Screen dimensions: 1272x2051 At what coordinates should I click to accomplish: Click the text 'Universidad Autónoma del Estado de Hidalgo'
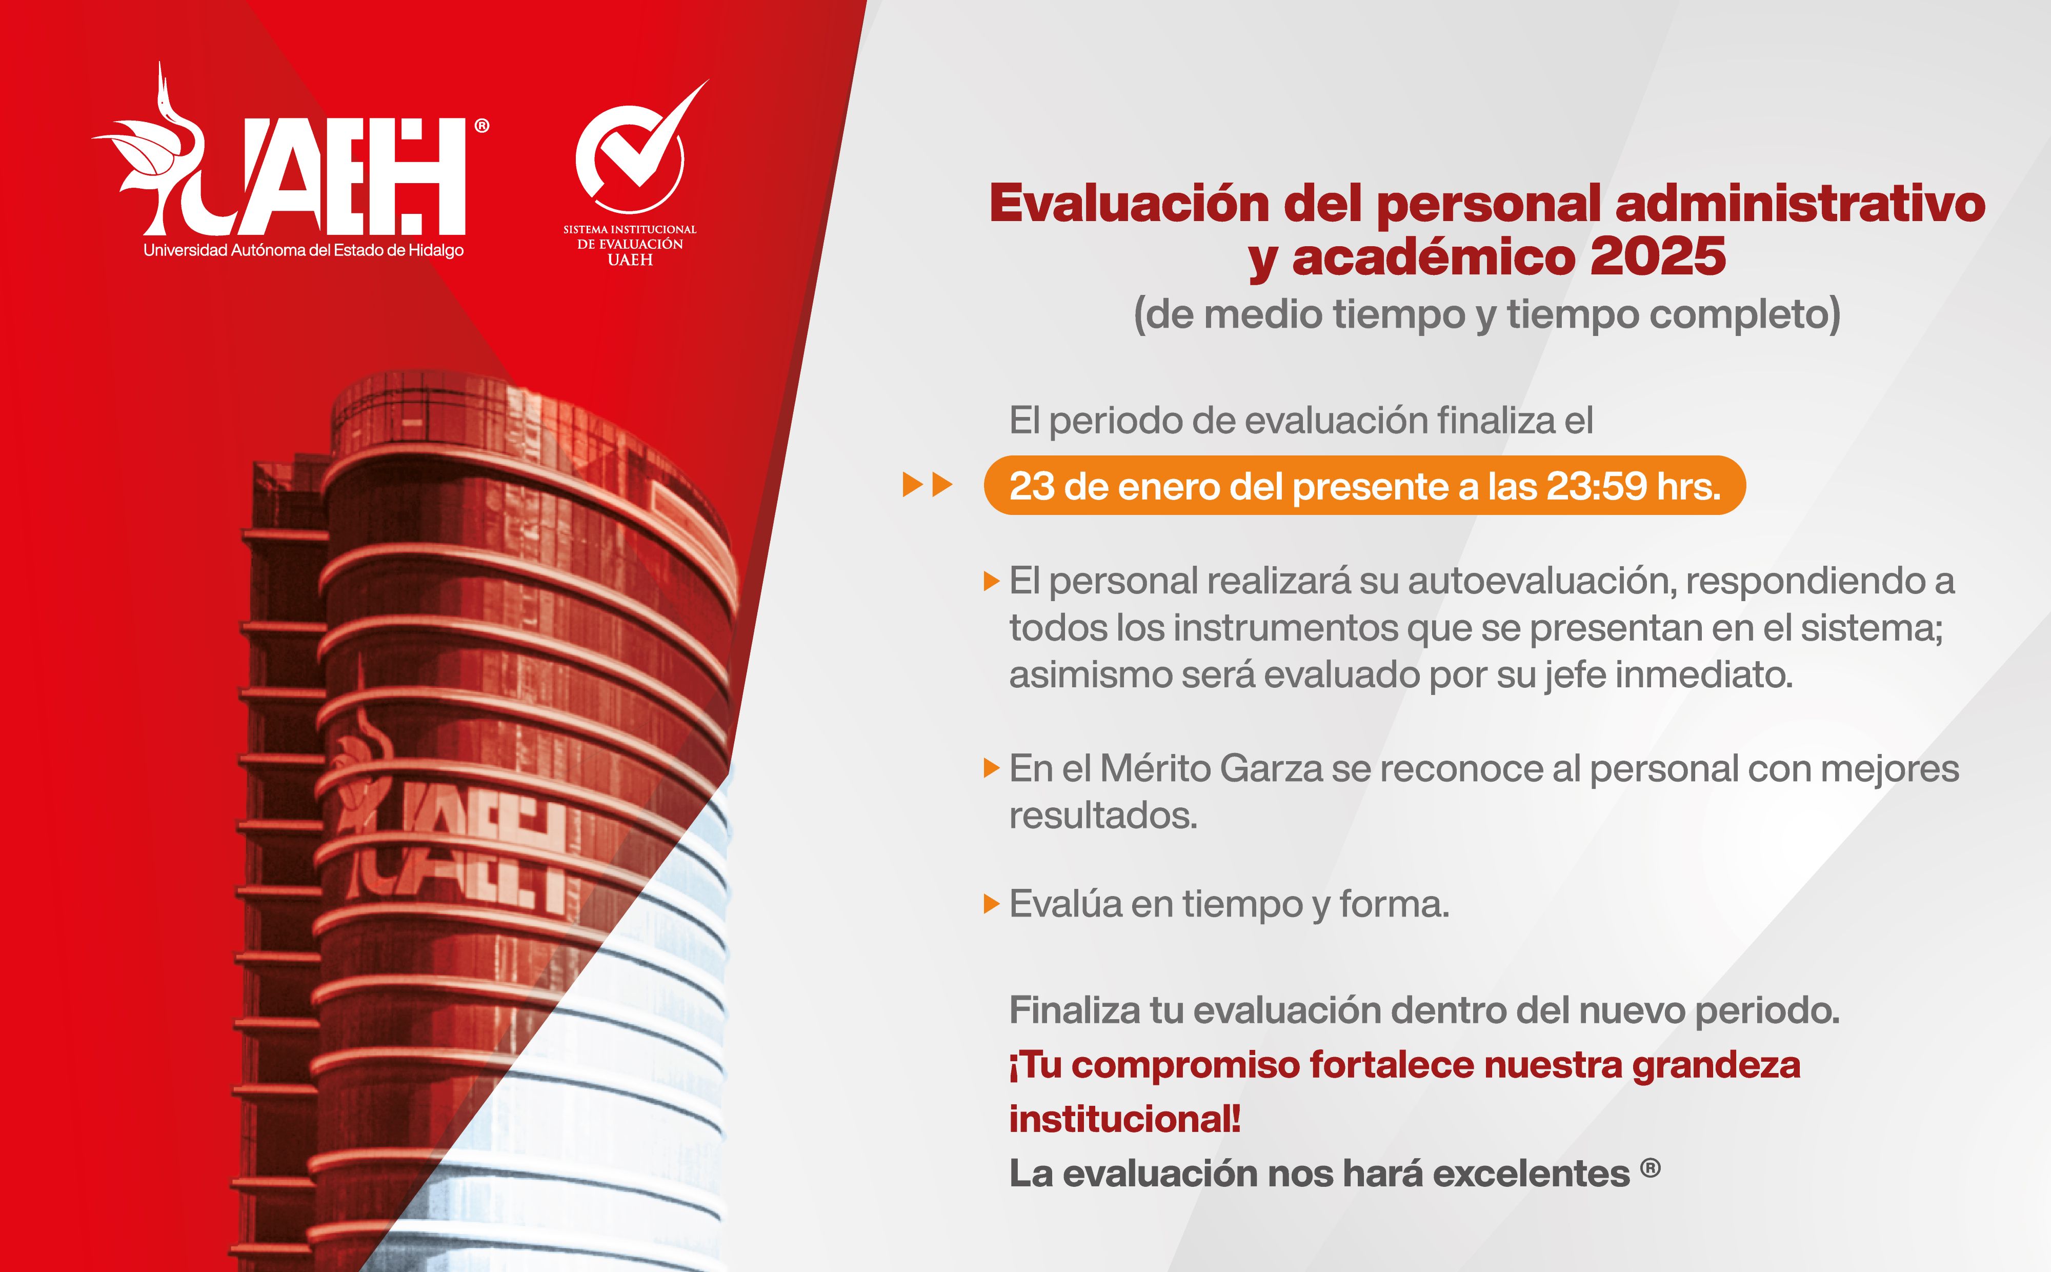point(303,250)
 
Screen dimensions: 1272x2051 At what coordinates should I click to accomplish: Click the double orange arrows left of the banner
point(927,485)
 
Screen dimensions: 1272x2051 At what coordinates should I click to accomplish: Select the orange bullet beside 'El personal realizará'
point(992,581)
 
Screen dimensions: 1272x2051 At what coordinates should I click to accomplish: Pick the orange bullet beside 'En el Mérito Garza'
point(992,769)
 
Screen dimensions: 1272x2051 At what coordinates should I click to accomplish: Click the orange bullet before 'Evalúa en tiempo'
point(992,904)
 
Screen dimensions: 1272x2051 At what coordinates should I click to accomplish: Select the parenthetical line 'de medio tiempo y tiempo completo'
point(1487,314)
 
